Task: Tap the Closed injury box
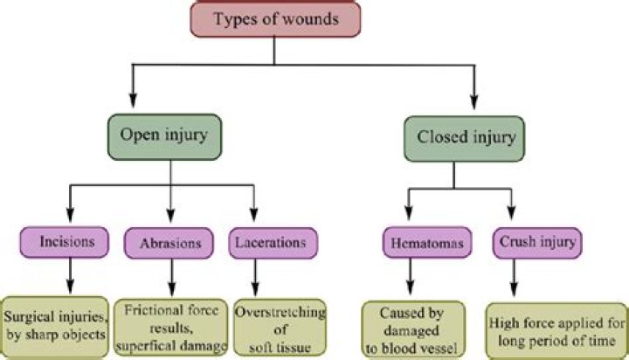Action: [453, 138]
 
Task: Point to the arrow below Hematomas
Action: [411, 277]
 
